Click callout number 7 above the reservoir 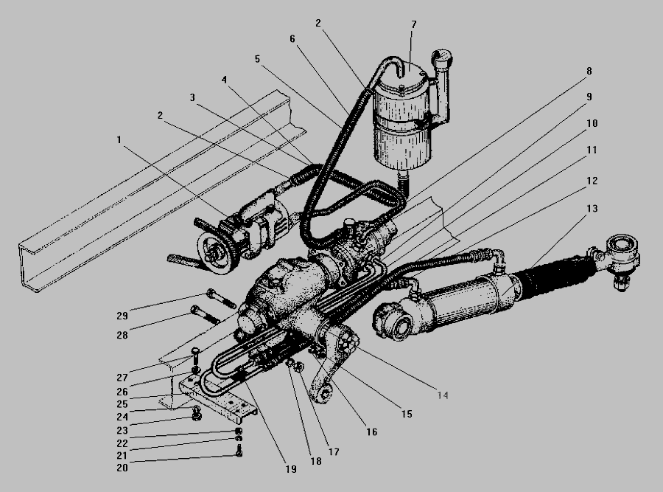pyautogui.click(x=413, y=24)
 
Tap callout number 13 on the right pyautogui.click(x=592, y=208)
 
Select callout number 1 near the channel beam pyautogui.click(x=119, y=139)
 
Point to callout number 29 pyautogui.click(x=122, y=316)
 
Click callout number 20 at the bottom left pyautogui.click(x=122, y=468)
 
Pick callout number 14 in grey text pyautogui.click(x=443, y=395)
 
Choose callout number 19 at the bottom pyautogui.click(x=291, y=469)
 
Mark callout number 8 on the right pyautogui.click(x=589, y=71)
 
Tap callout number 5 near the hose pyautogui.click(x=258, y=59)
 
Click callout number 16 pyautogui.click(x=372, y=432)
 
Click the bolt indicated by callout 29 pyautogui.click(x=221, y=299)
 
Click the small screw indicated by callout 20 pyautogui.click(x=239, y=451)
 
